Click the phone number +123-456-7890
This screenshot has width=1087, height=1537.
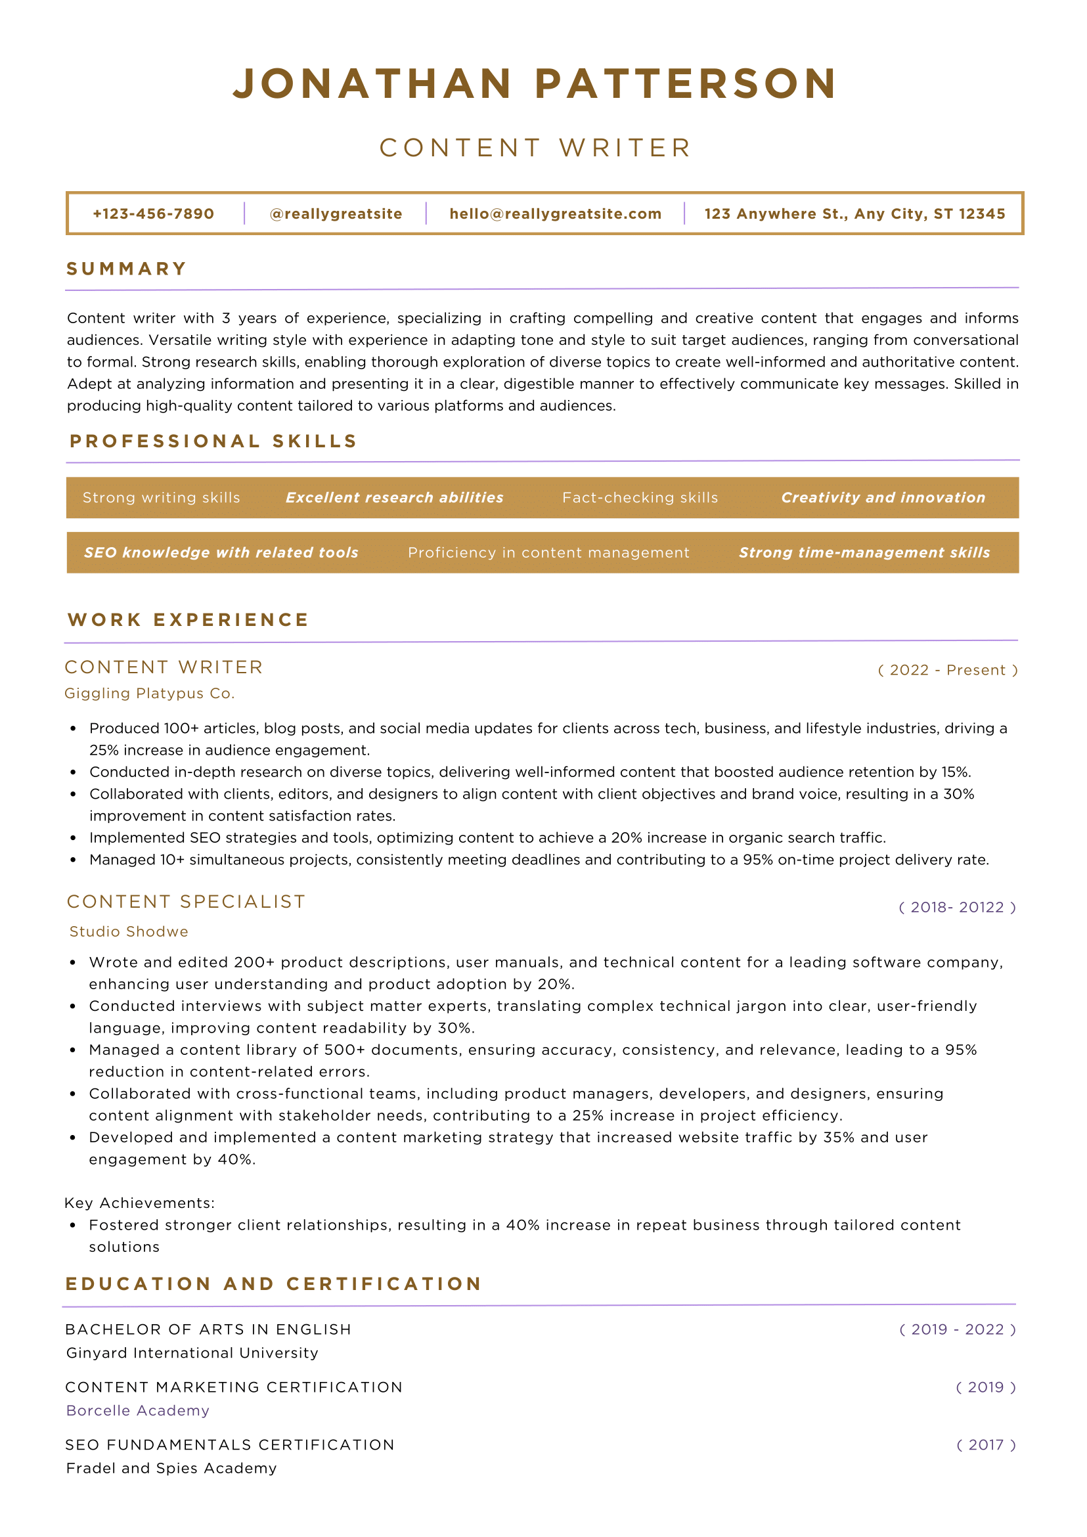153,213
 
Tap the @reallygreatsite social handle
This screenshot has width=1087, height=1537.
336,213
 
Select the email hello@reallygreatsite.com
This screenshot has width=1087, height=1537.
555,213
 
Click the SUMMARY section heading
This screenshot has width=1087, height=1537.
127,269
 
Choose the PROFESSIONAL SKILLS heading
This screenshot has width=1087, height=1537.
213,441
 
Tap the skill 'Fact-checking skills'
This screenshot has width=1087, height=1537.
640,497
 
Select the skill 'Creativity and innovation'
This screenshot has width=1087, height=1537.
883,497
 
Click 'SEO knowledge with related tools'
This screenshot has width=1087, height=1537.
221,552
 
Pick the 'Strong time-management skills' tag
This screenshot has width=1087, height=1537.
864,552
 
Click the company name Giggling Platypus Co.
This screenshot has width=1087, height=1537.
149,694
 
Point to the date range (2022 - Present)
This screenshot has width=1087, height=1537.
947,670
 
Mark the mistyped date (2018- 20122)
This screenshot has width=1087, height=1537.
956,907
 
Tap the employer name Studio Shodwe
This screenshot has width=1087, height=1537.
129,931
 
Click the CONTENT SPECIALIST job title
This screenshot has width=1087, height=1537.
186,902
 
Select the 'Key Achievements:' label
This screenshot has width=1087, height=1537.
139,1203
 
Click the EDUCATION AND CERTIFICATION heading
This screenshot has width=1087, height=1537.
274,1283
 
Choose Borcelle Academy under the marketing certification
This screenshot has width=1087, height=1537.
138,1410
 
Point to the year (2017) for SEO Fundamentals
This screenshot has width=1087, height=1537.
985,1444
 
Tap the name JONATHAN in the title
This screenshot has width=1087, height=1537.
372,84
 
